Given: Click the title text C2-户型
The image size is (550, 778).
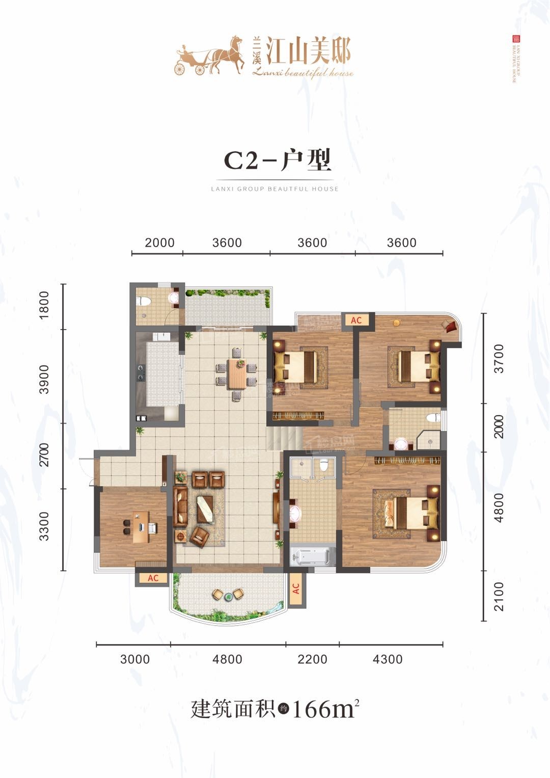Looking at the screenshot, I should (x=278, y=160).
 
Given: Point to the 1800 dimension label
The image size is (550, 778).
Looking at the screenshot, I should (x=44, y=305).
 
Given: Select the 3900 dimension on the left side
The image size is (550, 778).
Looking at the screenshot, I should (x=44, y=379).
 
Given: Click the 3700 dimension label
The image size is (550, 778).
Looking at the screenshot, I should (x=499, y=359).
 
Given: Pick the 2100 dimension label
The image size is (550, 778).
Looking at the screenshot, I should (x=499, y=596).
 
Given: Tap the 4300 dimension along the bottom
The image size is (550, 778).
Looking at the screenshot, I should (x=388, y=659).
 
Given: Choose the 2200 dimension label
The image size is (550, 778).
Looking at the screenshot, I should (x=312, y=659).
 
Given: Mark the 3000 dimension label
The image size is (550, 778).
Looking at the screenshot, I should (x=135, y=659).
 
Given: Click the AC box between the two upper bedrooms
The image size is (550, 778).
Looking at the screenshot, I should (x=356, y=320).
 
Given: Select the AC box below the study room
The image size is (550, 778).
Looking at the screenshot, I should (x=153, y=578).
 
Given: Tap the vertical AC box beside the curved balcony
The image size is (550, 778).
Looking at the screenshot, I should (x=296, y=589).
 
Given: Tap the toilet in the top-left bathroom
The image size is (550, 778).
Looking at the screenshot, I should (x=143, y=301).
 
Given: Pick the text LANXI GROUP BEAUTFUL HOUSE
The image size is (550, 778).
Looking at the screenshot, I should (x=274, y=189).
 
